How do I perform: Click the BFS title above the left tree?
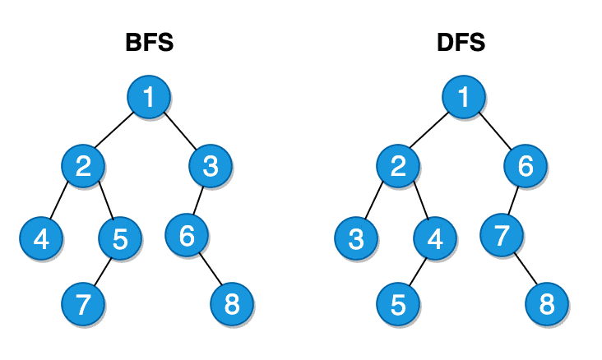pos(149,43)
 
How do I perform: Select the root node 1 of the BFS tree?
pos(149,97)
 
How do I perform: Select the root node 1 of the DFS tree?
pos(464,97)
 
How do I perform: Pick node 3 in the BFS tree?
pos(211,167)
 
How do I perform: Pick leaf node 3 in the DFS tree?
pos(356,239)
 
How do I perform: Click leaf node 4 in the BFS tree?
pos(41,239)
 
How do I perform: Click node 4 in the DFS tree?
pos(435,239)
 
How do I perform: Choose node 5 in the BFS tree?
pos(120,239)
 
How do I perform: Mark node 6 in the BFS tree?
pos(187,236)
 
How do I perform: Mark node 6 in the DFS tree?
pos(526,167)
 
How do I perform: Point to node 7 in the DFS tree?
pos(502,236)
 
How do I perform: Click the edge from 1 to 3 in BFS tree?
pos(180,132)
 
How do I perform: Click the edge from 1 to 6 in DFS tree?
pos(495,132)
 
